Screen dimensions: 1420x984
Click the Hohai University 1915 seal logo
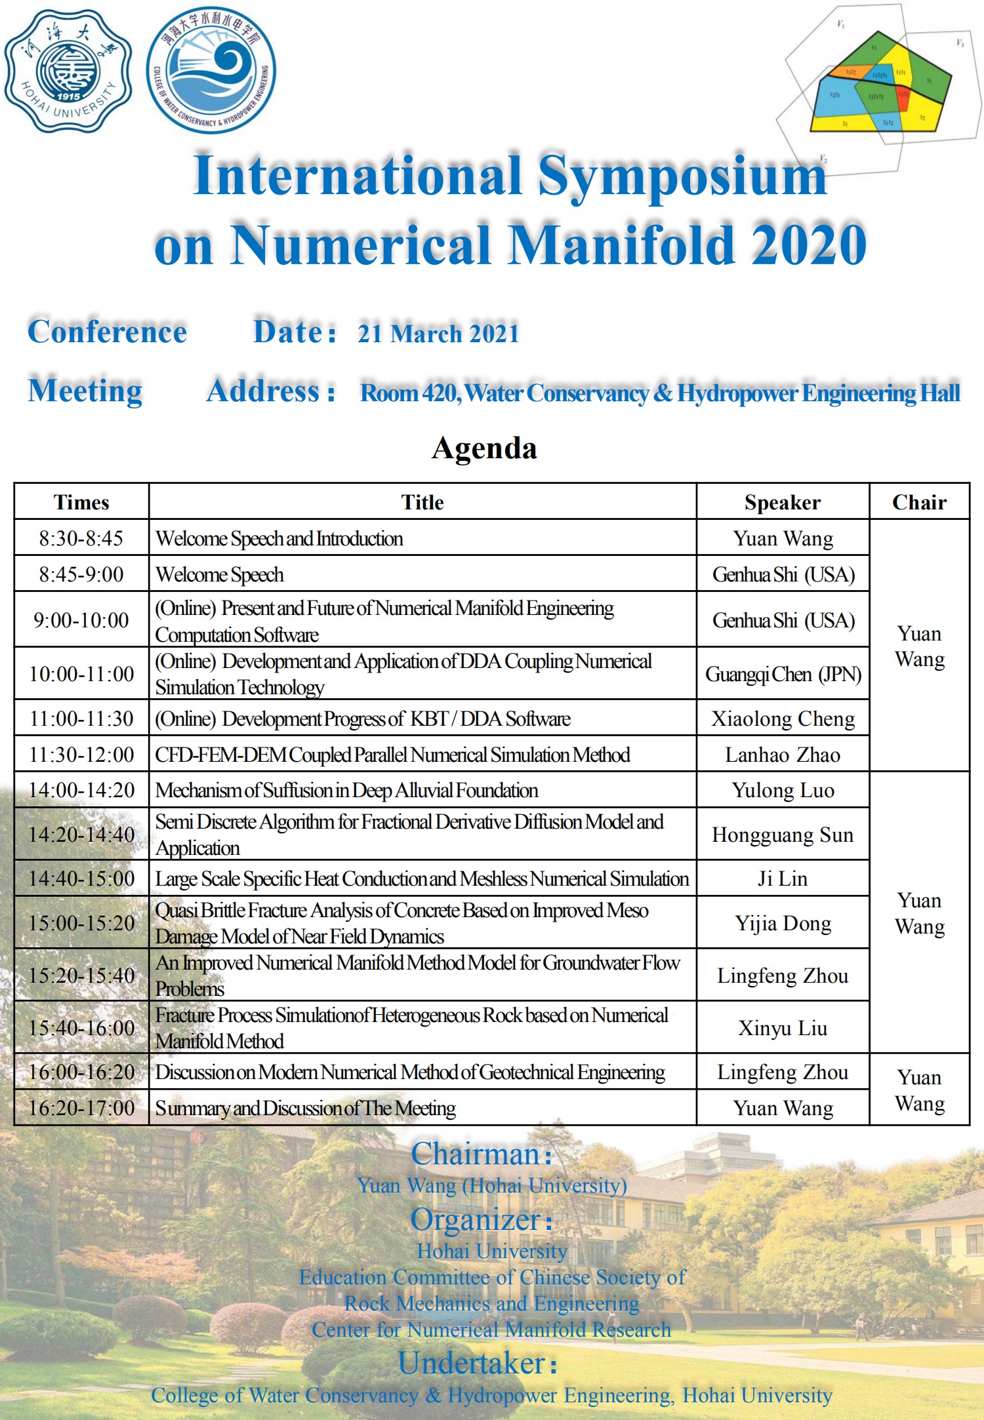click(68, 71)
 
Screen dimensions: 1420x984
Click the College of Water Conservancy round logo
click(211, 71)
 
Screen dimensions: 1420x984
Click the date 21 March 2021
click(438, 334)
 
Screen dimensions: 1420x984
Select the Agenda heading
click(484, 448)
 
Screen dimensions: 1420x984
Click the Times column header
click(81, 503)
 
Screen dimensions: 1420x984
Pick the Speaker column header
click(782, 503)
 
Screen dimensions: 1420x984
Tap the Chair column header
click(919, 503)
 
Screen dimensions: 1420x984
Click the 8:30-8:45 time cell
click(81, 538)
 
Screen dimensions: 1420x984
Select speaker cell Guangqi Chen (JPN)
click(783, 674)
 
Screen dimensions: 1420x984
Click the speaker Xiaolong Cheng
click(783, 719)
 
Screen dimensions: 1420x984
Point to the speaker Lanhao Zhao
click(783, 755)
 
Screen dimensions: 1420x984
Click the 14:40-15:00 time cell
click(81, 878)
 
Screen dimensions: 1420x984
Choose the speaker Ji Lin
click(783, 878)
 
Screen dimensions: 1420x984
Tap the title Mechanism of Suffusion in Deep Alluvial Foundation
click(346, 791)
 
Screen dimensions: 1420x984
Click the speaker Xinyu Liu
click(783, 1028)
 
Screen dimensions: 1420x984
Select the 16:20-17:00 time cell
click(81, 1108)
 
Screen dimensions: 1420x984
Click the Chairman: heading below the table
click(482, 1154)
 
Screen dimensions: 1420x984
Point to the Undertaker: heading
click(478, 1364)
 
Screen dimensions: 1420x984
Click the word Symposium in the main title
click(682, 176)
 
